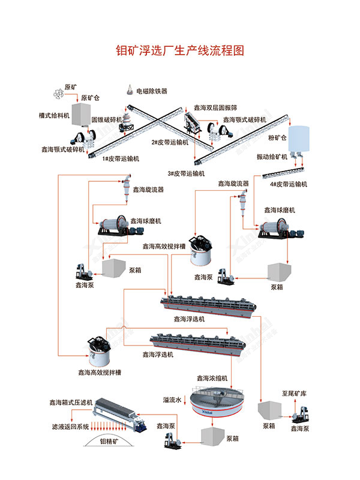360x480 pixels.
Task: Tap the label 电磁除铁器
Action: pos(152,91)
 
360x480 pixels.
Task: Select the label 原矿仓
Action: pos(90,98)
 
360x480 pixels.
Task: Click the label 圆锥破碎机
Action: pos(107,119)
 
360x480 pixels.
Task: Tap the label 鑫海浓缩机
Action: pos(212,379)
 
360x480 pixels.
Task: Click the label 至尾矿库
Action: pos(295,394)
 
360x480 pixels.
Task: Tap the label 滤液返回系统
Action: pos(70,427)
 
